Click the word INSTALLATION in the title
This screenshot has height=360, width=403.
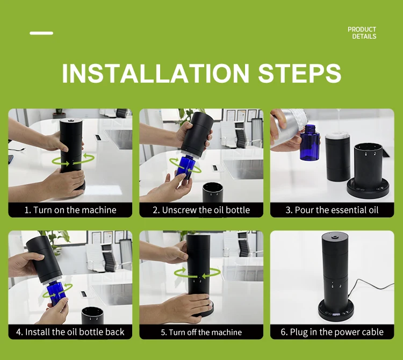tap(155, 74)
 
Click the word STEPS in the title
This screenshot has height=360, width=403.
tap(299, 74)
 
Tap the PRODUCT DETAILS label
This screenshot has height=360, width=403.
tap(362, 33)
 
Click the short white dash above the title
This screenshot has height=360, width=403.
tap(41, 33)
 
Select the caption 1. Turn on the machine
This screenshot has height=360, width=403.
tap(70, 210)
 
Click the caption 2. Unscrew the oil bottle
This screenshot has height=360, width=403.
tap(201, 210)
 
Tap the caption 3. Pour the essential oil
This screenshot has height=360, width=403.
tap(332, 210)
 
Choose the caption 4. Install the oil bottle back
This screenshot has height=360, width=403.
tap(70, 332)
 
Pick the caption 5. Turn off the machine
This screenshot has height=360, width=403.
tap(201, 332)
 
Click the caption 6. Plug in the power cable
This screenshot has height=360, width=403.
tap(332, 332)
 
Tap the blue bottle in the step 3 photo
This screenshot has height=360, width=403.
tap(310, 142)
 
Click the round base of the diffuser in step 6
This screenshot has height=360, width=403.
tap(336, 311)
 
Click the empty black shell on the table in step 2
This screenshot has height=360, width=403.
tap(213, 192)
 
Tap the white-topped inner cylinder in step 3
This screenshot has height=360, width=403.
tap(337, 156)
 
